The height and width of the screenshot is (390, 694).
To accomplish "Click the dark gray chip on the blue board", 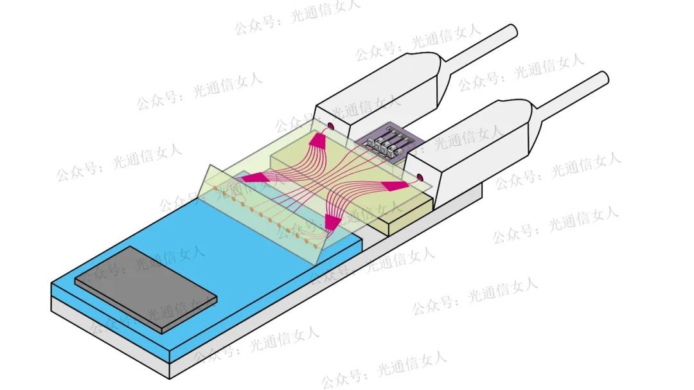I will (x=145, y=288).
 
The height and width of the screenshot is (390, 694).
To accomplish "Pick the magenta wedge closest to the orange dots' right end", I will (x=331, y=222).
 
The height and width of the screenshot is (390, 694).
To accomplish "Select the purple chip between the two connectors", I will (x=382, y=144).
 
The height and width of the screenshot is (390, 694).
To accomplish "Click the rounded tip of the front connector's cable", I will (x=603, y=78).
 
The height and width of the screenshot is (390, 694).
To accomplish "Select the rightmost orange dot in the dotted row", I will (x=315, y=245).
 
